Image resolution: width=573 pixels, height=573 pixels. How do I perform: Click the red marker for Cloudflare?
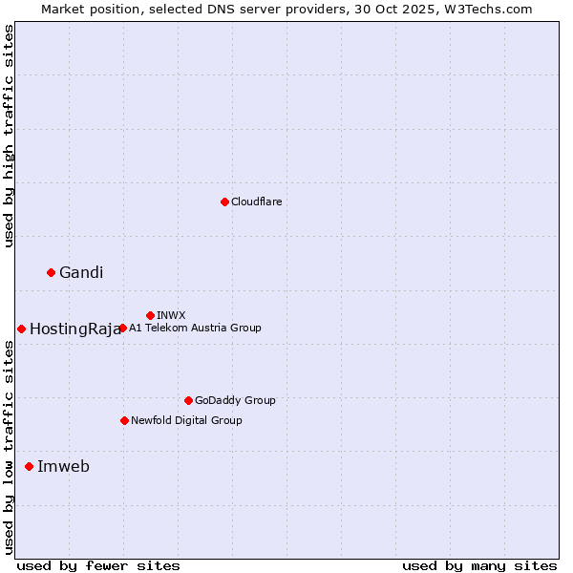point(224,202)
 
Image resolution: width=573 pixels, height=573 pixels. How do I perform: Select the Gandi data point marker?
point(51,272)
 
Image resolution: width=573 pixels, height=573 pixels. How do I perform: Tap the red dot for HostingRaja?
point(21,329)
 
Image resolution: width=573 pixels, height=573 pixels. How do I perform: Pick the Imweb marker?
point(29,466)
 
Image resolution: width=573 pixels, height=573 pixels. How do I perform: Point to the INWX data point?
point(150,315)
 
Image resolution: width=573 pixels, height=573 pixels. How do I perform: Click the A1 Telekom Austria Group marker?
point(122,328)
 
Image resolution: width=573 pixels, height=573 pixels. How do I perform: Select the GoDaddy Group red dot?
point(188,400)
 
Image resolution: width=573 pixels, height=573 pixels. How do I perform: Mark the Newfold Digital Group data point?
point(124,420)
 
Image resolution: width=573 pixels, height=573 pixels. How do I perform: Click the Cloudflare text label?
point(256,202)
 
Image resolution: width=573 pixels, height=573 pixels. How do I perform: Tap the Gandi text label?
point(81,273)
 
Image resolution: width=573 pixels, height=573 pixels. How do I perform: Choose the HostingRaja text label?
point(75,329)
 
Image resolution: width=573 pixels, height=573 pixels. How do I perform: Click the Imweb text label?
point(63,467)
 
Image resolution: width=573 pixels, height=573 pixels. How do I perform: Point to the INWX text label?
point(171,315)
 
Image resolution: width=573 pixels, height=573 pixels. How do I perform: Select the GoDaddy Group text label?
point(235,400)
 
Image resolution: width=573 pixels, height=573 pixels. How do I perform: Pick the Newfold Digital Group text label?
point(186,420)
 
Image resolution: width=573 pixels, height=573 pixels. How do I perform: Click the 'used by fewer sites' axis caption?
point(98,565)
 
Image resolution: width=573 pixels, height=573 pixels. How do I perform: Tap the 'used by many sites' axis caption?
point(479,565)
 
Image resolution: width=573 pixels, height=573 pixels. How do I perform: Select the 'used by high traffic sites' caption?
point(9,136)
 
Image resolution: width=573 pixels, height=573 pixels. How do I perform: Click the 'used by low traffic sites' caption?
point(9,447)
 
